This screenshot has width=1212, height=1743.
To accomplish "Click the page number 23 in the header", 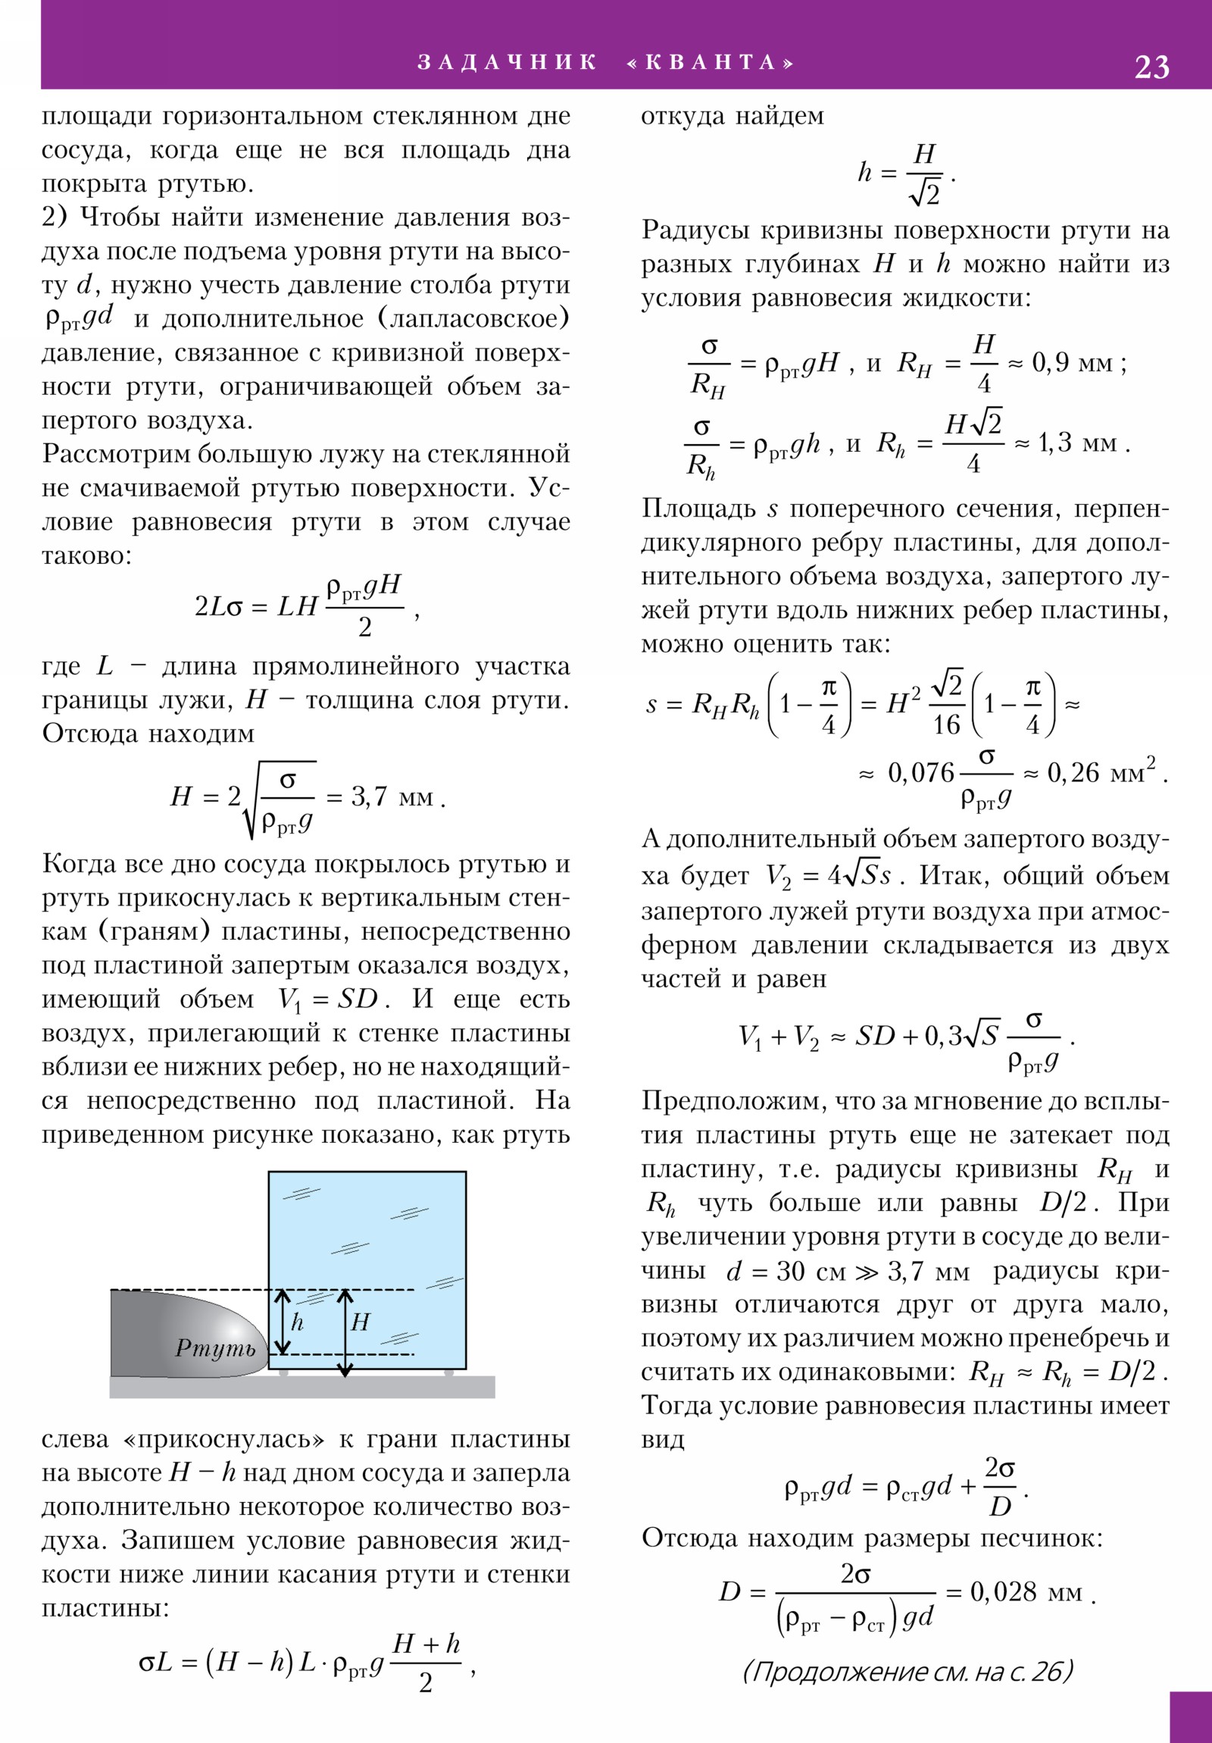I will pyautogui.click(x=1151, y=67).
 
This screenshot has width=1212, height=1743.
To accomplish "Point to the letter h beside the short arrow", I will pyautogui.click(x=298, y=1322).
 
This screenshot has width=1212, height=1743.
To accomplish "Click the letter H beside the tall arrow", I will pyautogui.click(x=360, y=1322).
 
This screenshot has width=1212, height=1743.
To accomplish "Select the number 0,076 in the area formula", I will pyautogui.click(x=920, y=773).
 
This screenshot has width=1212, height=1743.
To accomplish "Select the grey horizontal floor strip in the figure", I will pyautogui.click(x=304, y=1386).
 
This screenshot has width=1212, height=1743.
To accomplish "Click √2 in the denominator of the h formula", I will pyautogui.click(x=924, y=193).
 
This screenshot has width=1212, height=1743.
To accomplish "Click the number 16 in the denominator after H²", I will pyautogui.click(x=946, y=724).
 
